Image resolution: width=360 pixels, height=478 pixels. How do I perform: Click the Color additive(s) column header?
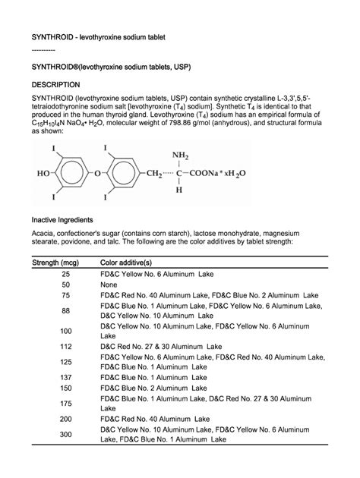[131, 262]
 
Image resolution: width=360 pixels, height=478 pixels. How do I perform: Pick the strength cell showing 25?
[65, 273]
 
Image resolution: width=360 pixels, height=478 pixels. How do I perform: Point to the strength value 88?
[65, 311]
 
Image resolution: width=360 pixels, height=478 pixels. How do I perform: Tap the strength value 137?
[65, 376]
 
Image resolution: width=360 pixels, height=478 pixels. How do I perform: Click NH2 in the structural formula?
[180, 156]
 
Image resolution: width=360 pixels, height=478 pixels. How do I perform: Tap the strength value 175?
[65, 404]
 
